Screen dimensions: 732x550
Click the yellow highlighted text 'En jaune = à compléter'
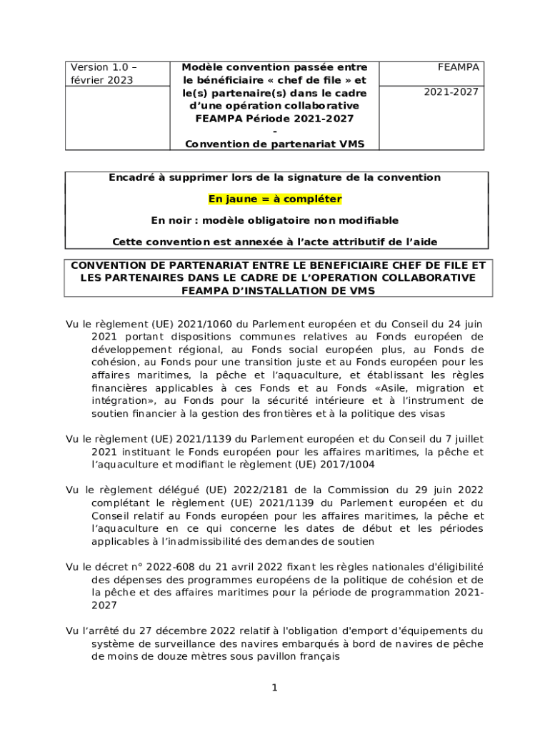(275, 199)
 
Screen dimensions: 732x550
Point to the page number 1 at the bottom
(274, 688)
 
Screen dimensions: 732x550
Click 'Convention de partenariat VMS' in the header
(275, 144)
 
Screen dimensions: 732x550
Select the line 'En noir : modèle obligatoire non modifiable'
(275, 220)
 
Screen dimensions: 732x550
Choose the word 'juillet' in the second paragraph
(465, 440)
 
